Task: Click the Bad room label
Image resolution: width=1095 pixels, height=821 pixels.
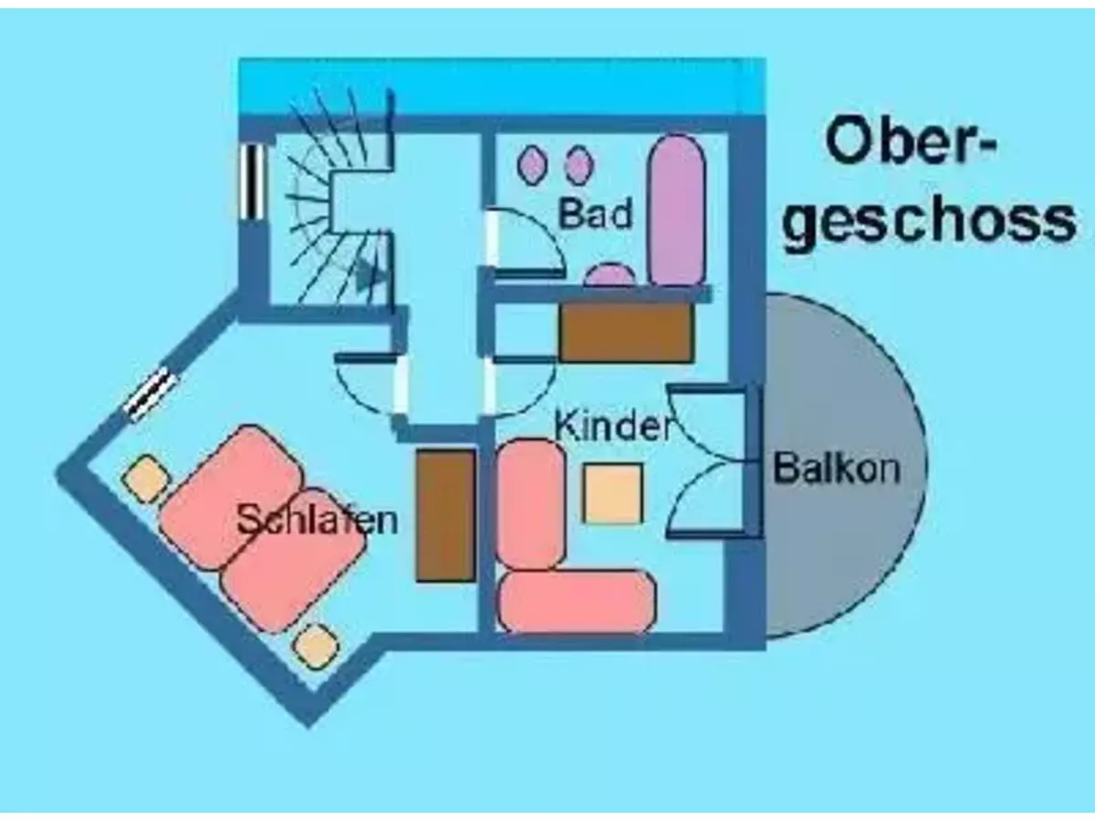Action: pos(596,213)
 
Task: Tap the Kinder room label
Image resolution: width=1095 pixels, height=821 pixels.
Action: pos(613,426)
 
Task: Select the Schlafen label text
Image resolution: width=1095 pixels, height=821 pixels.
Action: pos(318,520)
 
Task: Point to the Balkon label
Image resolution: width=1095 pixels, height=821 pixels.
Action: pos(837,468)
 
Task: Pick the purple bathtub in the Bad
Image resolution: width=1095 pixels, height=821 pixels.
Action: pos(677,211)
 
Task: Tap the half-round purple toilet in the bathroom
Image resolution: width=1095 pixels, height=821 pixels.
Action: pos(610,275)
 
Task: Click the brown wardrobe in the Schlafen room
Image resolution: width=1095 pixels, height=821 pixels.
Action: pos(446,515)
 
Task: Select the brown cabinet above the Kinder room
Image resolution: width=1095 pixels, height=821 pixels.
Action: pos(627,332)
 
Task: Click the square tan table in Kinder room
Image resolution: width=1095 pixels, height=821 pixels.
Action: pos(612,493)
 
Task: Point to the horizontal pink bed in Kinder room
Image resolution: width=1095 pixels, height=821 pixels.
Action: pos(577,602)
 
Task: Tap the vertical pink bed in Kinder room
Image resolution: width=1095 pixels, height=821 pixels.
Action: pos(531,504)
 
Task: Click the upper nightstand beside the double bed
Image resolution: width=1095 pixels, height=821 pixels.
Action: pos(145,479)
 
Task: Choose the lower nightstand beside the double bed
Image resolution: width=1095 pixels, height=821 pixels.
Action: pos(315,647)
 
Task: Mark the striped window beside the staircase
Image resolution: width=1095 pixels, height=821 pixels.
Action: pos(252,182)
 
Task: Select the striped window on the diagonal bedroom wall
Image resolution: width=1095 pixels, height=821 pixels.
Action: pos(151,394)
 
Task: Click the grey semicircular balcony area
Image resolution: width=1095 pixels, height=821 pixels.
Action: pos(846,467)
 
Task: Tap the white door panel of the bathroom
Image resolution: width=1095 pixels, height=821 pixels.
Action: pos(492,238)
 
